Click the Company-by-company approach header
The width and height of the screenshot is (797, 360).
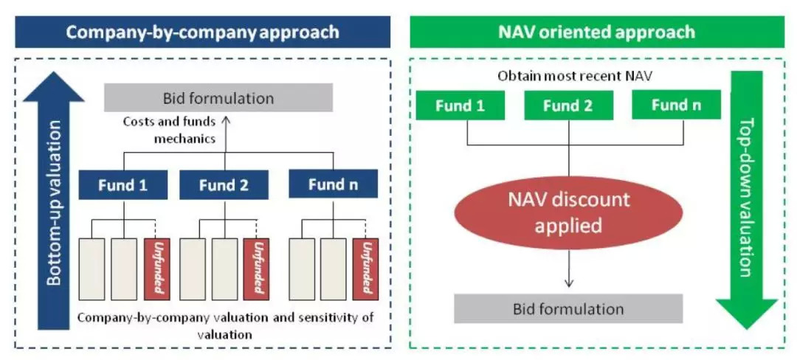[x=202, y=32]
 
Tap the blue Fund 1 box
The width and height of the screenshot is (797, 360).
[x=123, y=184]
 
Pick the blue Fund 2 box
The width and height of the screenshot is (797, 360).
[x=224, y=184]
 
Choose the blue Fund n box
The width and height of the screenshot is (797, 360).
[x=333, y=184]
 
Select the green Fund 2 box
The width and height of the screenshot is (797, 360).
[x=567, y=105]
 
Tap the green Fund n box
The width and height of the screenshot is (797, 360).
[x=676, y=105]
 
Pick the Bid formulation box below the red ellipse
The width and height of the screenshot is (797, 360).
[x=568, y=308]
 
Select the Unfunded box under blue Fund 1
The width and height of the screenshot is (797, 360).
[x=158, y=268]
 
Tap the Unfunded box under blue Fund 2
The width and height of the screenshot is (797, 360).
[x=257, y=268]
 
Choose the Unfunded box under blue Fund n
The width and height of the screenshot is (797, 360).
[x=362, y=268]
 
